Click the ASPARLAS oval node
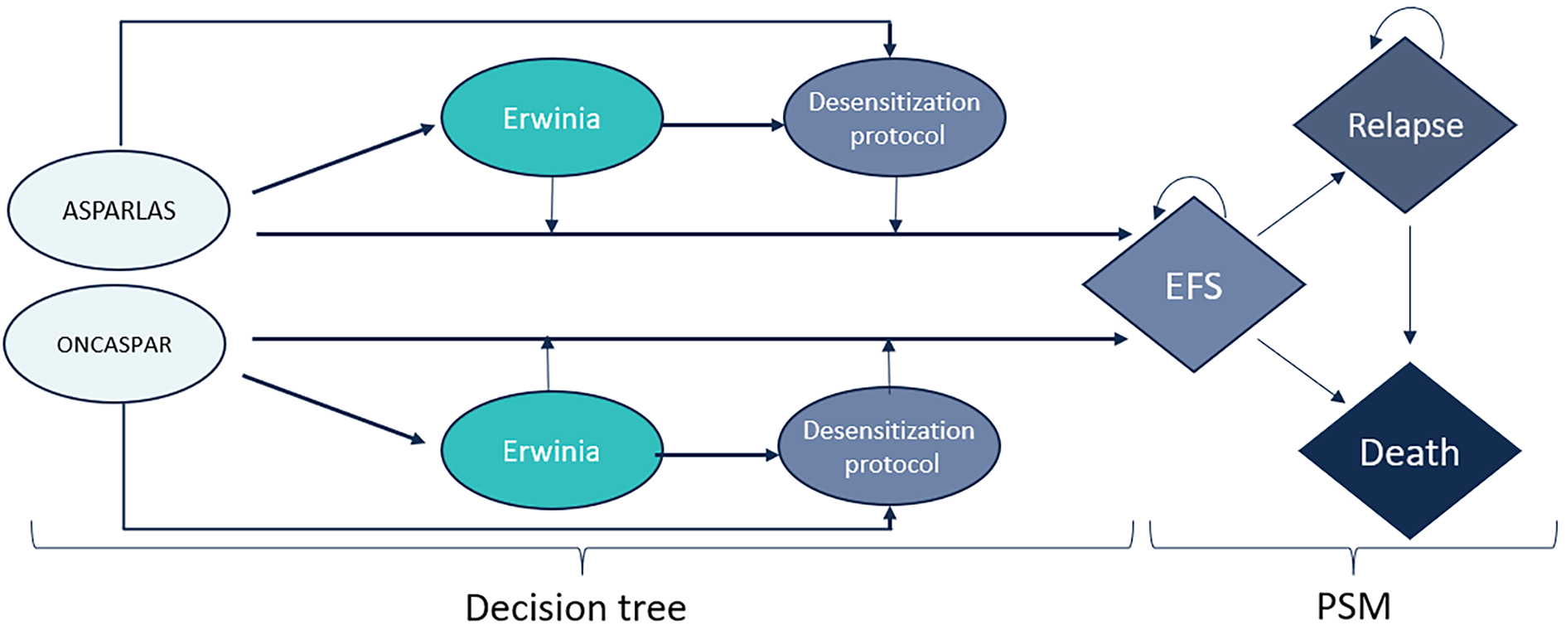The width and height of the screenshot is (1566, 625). pyautogui.click(x=118, y=211)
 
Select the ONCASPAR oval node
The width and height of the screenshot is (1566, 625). pyautogui.click(x=114, y=344)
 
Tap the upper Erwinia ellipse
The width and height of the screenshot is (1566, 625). pyautogui.click(x=551, y=118)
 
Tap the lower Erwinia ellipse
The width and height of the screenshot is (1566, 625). pyautogui.click(x=551, y=451)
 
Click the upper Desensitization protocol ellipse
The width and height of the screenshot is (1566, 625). pyautogui.click(x=894, y=118)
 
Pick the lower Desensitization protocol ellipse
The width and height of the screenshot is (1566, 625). pyautogui.click(x=889, y=446)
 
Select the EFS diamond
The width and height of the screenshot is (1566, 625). pyautogui.click(x=1193, y=285)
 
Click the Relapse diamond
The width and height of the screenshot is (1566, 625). pyautogui.click(x=1404, y=126)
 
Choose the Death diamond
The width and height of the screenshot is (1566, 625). pyautogui.click(x=1409, y=452)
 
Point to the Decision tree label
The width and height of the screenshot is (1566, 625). pyautogui.click(x=575, y=607)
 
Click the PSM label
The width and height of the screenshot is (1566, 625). pyautogui.click(x=1353, y=607)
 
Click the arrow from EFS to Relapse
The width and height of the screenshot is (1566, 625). pyautogui.click(x=1300, y=205)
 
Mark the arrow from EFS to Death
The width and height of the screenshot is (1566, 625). pyautogui.click(x=1300, y=371)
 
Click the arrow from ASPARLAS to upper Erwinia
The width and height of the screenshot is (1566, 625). pyautogui.click(x=343, y=159)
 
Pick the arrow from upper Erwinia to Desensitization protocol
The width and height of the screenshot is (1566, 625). pyautogui.click(x=723, y=125)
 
